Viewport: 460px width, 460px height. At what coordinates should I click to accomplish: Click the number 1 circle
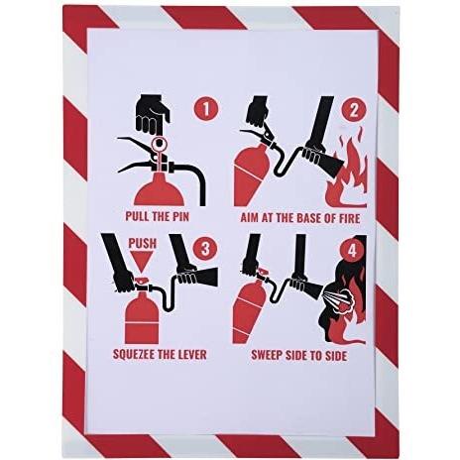click(x=206, y=109)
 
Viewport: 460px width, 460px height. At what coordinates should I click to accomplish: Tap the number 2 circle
click(x=353, y=110)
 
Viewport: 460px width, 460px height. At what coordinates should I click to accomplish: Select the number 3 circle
click(x=205, y=249)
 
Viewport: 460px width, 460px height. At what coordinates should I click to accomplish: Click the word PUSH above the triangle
click(x=143, y=243)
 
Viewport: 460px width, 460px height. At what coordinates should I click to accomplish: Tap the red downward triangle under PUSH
click(x=142, y=262)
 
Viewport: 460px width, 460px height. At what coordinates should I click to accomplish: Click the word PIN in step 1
click(x=181, y=217)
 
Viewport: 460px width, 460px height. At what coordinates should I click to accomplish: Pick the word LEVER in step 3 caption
click(x=192, y=355)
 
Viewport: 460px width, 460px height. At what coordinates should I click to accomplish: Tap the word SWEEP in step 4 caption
click(x=266, y=356)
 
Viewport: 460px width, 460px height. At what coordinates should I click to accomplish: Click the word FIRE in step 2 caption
click(x=350, y=218)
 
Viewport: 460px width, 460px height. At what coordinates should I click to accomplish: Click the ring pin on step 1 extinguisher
click(x=160, y=143)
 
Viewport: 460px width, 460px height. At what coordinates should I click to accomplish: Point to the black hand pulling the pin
click(x=153, y=112)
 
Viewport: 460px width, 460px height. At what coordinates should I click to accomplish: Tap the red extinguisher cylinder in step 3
click(x=142, y=317)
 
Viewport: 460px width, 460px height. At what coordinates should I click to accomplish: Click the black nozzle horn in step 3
click(x=206, y=277)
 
